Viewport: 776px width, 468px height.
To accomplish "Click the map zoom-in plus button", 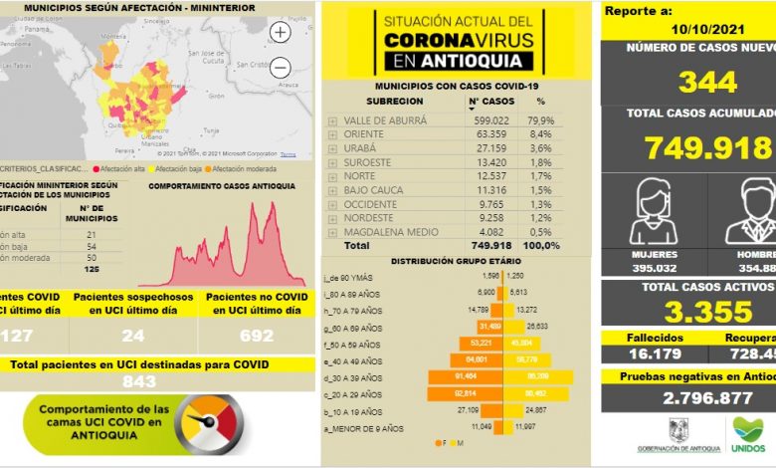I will (x=281, y=33).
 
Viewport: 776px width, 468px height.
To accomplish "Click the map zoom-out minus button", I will (x=281, y=68).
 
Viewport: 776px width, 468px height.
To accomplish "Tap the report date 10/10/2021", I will (x=709, y=30).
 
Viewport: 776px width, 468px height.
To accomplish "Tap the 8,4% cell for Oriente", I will (x=540, y=133).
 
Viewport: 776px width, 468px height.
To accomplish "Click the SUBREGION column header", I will (x=387, y=102).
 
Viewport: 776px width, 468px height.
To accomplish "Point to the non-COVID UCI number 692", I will (x=257, y=336).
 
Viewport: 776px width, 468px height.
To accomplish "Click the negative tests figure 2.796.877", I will (x=687, y=397).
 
